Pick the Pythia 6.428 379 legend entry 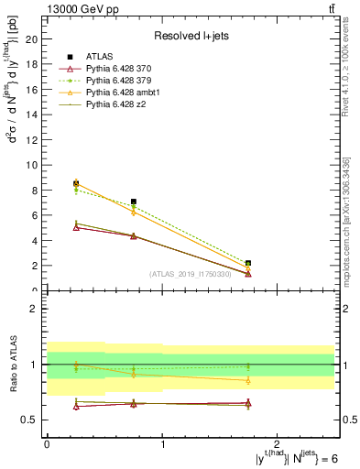coord(119,82)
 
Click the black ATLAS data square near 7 coord(134,202)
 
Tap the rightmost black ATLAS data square coord(248,263)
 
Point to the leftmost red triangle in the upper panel coord(76,227)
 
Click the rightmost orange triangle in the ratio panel coord(248,380)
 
